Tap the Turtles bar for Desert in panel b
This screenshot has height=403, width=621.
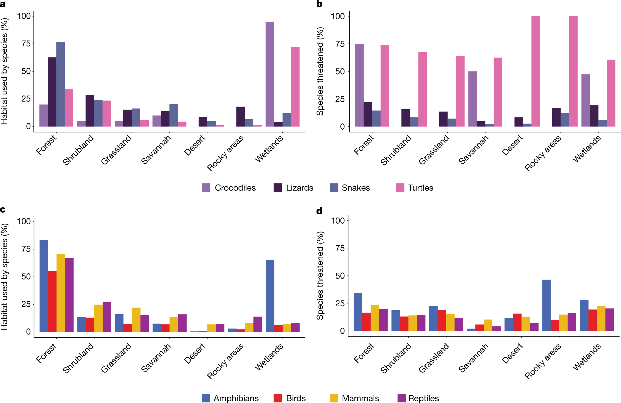pyautogui.click(x=535, y=71)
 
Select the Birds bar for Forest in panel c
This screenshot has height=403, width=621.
pyautogui.click(x=52, y=301)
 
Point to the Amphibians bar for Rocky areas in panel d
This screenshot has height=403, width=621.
pyautogui.click(x=546, y=305)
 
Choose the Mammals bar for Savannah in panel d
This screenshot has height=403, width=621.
pyautogui.click(x=488, y=325)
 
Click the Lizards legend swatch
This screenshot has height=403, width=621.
pyautogui.click(x=278, y=188)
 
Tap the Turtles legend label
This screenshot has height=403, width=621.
pyautogui.click(x=420, y=188)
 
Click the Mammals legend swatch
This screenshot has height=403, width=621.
pyautogui.click(x=334, y=398)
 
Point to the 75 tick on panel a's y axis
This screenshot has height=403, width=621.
pyautogui.click(x=26, y=44)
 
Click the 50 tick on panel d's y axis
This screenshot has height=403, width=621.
pyautogui.click(x=340, y=276)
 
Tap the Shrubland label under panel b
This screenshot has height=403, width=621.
pyautogui.click(x=396, y=150)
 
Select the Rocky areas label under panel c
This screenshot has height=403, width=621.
pyautogui.click(x=225, y=361)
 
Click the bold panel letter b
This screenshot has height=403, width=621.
pyautogui.click(x=319, y=4)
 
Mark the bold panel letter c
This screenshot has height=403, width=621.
pyautogui.click(x=3, y=210)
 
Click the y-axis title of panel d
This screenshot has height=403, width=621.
pyautogui.click(x=320, y=275)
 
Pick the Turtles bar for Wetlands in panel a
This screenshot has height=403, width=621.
pyautogui.click(x=295, y=87)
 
